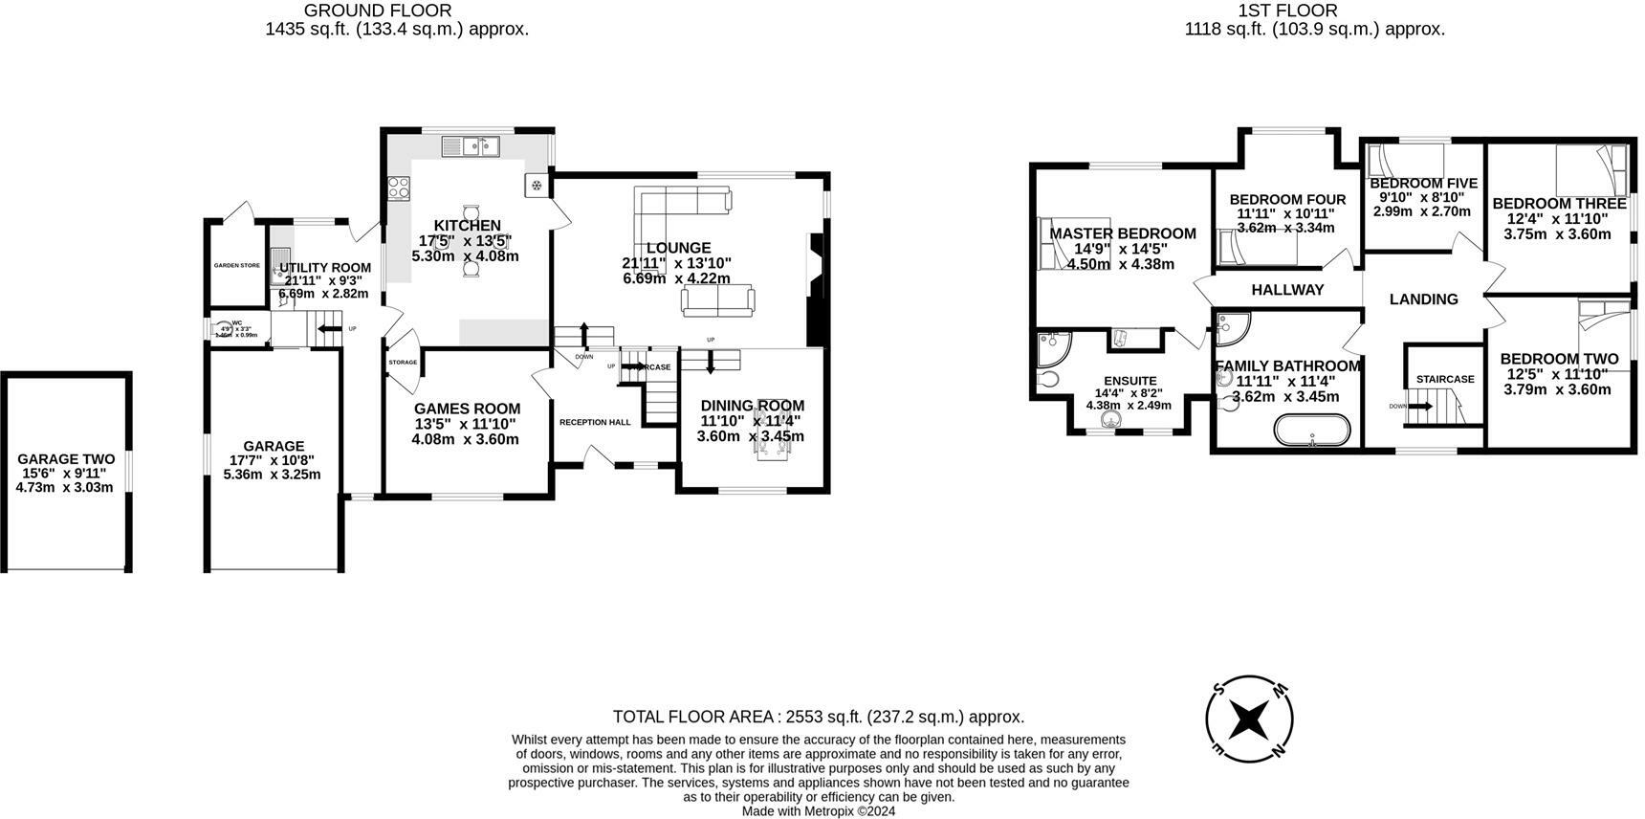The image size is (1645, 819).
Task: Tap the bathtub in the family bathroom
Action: (1311, 431)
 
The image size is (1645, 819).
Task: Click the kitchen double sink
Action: (472, 146)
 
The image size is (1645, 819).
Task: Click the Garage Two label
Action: (66, 459)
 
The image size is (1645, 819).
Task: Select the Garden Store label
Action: (236, 265)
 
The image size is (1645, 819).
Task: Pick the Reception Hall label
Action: (594, 422)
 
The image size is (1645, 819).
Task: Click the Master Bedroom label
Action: (1122, 233)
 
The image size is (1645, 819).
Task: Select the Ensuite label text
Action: (1130, 381)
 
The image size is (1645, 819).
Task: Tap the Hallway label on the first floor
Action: (1287, 290)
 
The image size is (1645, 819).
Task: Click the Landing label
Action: (1423, 299)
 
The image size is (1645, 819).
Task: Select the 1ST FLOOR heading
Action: (1287, 11)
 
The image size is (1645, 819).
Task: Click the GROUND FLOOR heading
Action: (378, 11)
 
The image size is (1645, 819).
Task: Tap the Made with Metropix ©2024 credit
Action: (819, 811)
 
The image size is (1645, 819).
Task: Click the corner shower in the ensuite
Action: (1055, 349)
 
